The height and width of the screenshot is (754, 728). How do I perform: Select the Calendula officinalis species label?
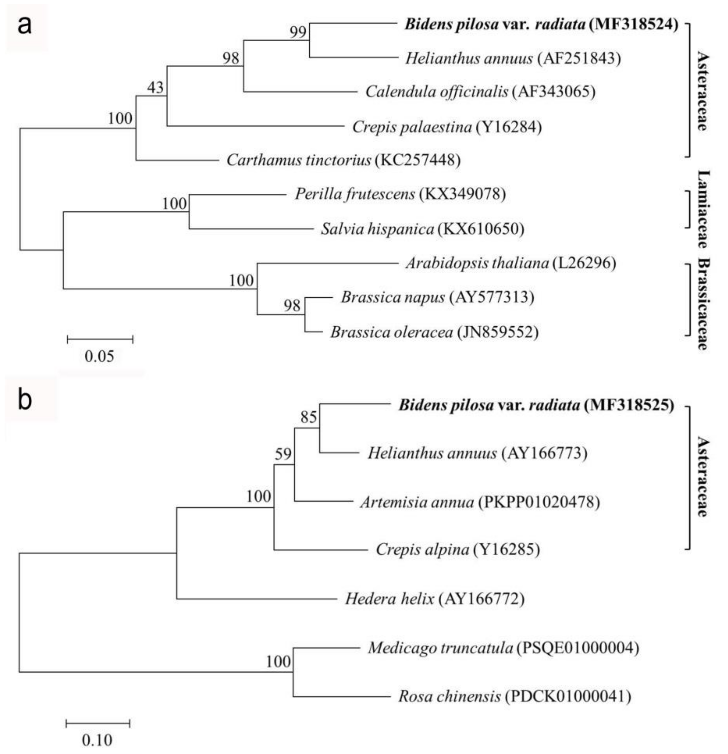(x=437, y=92)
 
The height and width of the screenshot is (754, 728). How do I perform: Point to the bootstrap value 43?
(x=155, y=88)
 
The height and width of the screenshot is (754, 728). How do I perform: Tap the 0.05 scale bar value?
(x=99, y=357)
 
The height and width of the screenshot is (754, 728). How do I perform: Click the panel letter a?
(x=25, y=26)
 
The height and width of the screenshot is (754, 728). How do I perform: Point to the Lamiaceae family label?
(x=703, y=210)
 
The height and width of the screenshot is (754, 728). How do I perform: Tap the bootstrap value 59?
(x=283, y=454)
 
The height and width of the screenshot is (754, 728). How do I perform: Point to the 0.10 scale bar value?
(x=97, y=740)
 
